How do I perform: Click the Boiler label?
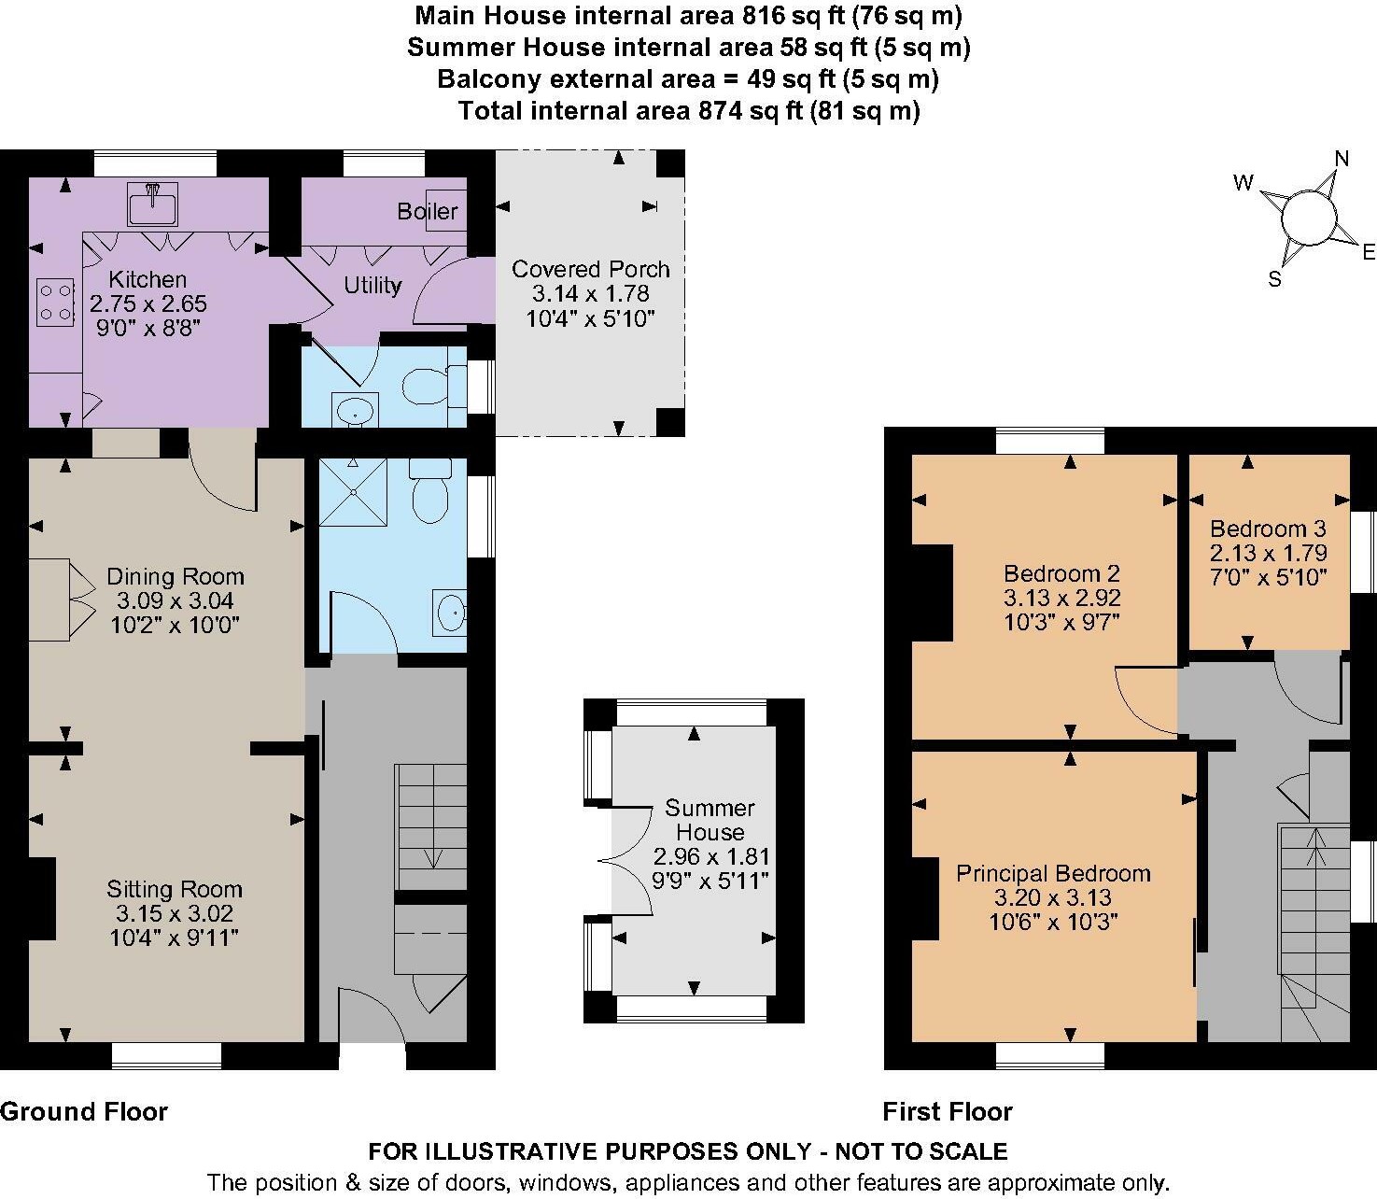pos(428,211)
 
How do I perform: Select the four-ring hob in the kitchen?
pos(55,303)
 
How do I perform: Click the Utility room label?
pos(372,286)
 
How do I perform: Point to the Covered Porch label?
pos(590,269)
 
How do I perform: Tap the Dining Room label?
pos(175,576)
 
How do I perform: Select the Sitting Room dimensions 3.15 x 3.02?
pos(175,913)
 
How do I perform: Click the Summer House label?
pos(710,819)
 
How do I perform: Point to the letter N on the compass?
pos(1342,159)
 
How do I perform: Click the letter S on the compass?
pos(1274,278)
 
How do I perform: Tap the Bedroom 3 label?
pos(1268,529)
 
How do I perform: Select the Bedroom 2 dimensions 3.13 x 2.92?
pos(1062,598)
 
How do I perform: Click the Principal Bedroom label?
pos(1053,873)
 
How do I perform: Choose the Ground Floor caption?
pos(84,1111)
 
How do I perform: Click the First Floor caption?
pos(948,1111)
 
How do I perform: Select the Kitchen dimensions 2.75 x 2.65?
pos(148,303)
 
